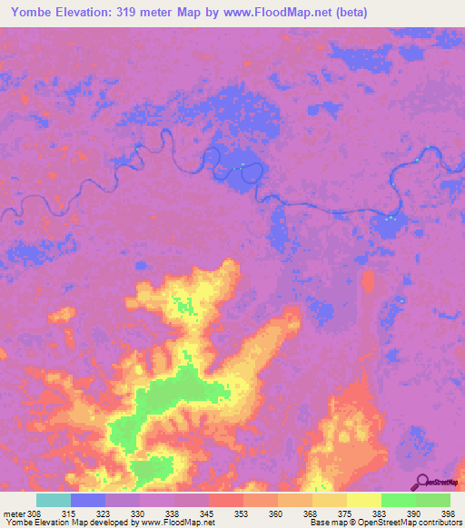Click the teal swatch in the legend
(x=54, y=499)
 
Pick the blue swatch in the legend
(x=88, y=499)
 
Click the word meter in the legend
(x=14, y=513)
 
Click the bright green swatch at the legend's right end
(x=432, y=499)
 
